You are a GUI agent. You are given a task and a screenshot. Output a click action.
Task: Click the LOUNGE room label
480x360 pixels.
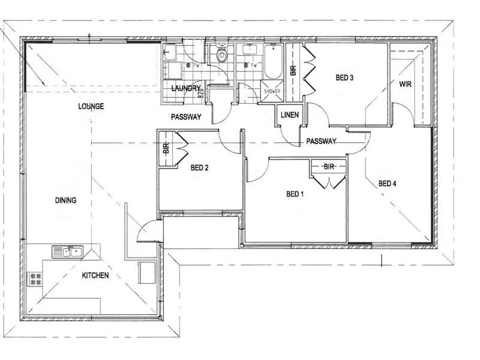point(91,106)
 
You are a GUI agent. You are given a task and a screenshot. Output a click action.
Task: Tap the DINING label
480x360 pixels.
point(65,200)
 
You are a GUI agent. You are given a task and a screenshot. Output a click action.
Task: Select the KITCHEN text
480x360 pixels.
point(95,275)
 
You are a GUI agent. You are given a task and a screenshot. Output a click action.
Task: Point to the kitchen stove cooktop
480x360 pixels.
point(35,278)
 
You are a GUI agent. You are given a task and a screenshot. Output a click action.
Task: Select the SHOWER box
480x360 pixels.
point(272,91)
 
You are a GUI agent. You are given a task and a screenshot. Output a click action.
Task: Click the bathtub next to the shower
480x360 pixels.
point(274,64)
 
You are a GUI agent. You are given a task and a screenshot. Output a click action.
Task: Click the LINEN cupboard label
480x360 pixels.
point(290,114)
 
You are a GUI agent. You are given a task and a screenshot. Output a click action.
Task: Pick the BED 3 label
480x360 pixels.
point(344,77)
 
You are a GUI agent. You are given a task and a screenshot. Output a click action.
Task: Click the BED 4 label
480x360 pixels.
point(387,184)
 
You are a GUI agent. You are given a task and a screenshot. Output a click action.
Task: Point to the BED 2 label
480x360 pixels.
point(199,167)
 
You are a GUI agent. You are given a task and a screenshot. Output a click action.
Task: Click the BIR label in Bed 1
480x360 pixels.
point(328,166)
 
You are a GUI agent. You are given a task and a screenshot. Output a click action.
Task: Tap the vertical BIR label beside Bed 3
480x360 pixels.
point(293,69)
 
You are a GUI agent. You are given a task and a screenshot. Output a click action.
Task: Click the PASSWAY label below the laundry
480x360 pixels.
point(186,117)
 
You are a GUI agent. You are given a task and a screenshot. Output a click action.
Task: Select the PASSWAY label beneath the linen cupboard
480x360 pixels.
point(321,142)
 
